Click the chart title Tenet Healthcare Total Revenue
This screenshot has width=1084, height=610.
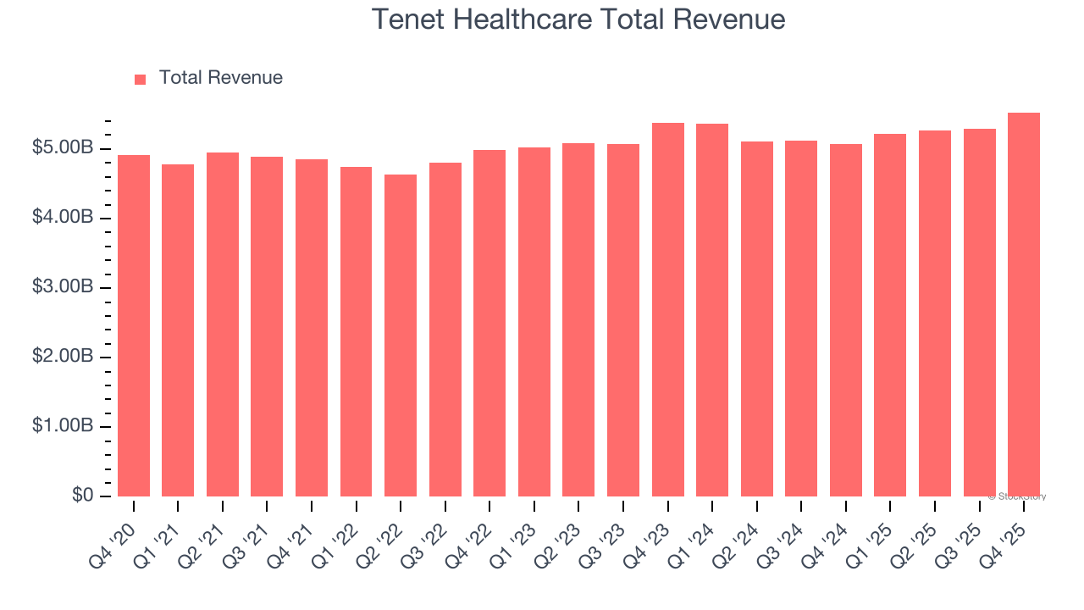[x=578, y=19]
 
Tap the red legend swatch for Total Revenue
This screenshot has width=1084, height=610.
[x=140, y=79]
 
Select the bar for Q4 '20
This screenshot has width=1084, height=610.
[x=134, y=326]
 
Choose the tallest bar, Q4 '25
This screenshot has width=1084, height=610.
[x=1024, y=305]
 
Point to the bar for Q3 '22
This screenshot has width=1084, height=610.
[x=445, y=330]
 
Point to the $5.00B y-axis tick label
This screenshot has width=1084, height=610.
[x=64, y=148]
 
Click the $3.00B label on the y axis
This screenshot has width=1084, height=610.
[x=64, y=287]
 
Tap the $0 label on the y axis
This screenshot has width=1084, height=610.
[x=82, y=496]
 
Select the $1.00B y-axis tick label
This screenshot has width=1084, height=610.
[x=64, y=426]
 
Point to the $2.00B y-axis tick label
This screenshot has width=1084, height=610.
[x=64, y=357]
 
